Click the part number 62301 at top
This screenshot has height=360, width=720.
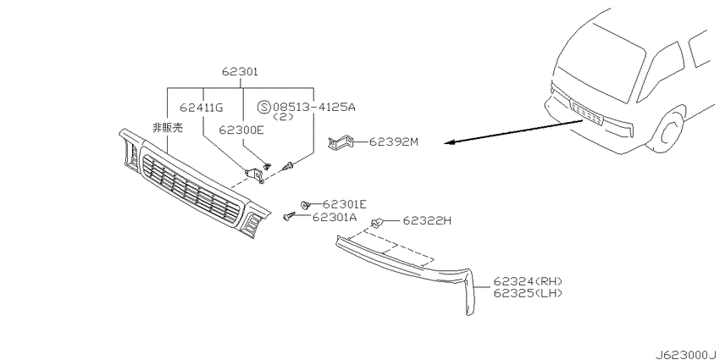[240, 72]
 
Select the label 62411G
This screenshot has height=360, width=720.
[202, 108]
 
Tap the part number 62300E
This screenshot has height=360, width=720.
[241, 130]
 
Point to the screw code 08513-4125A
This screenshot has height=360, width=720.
[314, 108]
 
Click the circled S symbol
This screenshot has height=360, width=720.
[264, 108]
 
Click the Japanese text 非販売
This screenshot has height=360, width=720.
[167, 128]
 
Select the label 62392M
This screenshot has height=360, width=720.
[394, 142]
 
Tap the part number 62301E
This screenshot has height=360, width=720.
[345, 204]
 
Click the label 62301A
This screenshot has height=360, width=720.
[335, 217]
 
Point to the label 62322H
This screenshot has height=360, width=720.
[427, 221]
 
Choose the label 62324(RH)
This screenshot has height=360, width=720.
[528, 281]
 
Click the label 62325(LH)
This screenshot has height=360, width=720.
[528, 292]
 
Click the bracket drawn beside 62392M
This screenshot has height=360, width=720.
[341, 143]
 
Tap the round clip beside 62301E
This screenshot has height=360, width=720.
[304, 204]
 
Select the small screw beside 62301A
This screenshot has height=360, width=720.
[290, 216]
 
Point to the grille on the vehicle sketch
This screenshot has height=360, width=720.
[586, 112]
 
